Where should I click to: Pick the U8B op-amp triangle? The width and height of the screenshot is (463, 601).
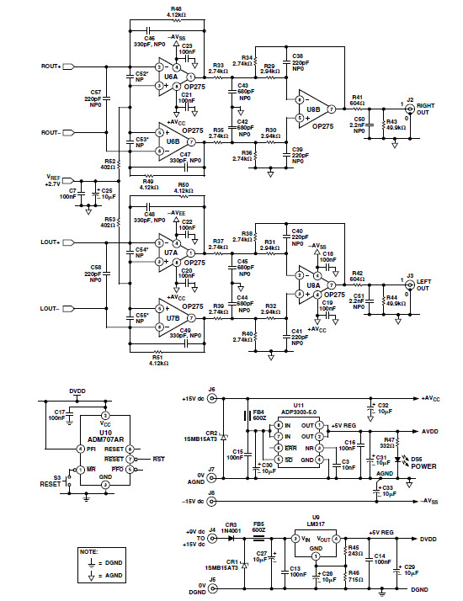(x=311, y=109)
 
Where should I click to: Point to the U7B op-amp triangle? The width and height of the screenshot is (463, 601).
(x=173, y=319)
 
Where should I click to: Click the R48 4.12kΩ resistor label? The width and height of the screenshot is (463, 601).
(x=178, y=12)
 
